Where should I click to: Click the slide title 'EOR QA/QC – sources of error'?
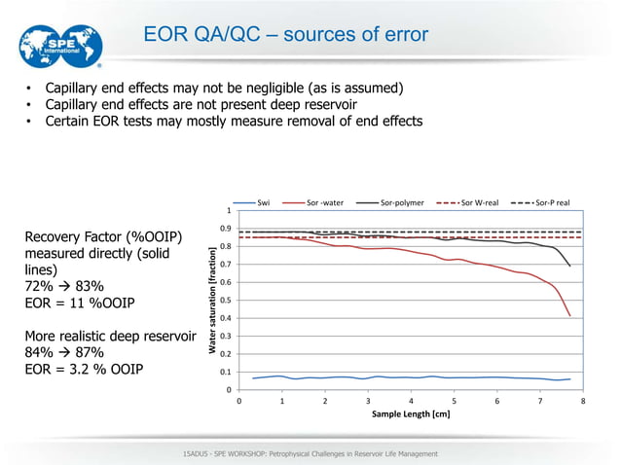(x=285, y=36)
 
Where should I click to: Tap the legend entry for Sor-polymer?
(x=401, y=202)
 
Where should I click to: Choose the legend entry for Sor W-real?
(x=478, y=202)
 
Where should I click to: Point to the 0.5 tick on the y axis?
(x=228, y=301)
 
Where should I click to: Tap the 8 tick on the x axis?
(x=583, y=400)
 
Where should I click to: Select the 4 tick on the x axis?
(x=412, y=400)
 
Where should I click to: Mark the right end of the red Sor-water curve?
(x=569, y=315)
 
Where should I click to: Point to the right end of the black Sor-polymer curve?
(x=569, y=266)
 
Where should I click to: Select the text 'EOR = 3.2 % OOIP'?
(x=84, y=370)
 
